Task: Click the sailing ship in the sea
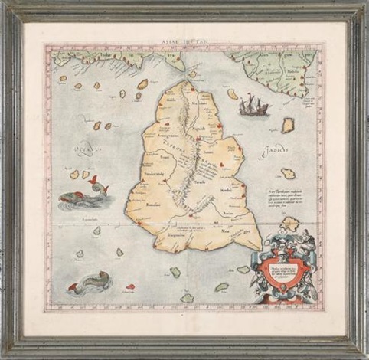253,105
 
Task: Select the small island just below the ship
288,125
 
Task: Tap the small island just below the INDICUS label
288,174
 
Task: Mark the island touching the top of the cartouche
289,224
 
